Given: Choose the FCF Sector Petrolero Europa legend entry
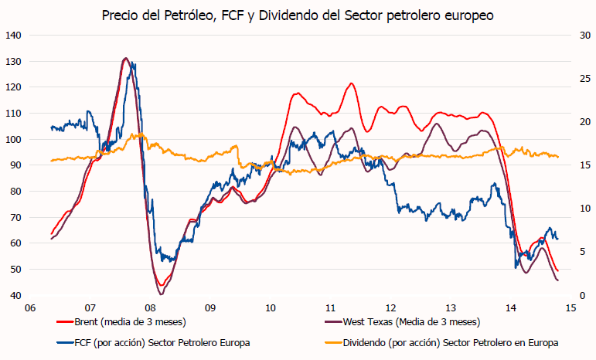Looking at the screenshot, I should [x=162, y=341].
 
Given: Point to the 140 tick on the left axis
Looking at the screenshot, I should [x=13, y=36].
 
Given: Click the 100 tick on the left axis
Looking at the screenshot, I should [x=13, y=139].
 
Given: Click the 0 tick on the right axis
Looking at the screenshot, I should [x=579, y=295].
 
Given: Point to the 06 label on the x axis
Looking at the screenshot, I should [x=29, y=307].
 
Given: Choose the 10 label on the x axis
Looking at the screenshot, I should [x=270, y=307].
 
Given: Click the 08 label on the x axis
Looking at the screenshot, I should [x=150, y=307].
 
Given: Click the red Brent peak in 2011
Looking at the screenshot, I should [x=351, y=83].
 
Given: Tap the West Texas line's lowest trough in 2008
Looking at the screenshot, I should [x=162, y=294].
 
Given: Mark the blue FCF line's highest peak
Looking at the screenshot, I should [x=132, y=63].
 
